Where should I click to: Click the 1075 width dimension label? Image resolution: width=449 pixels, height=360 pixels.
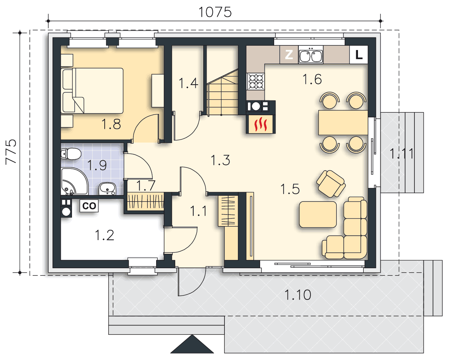(215, 12)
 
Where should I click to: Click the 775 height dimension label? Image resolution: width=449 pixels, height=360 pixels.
(11, 152)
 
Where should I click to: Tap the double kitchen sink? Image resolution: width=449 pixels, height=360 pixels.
(311, 55)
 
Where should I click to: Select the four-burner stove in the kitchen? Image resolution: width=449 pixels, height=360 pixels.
(255, 81)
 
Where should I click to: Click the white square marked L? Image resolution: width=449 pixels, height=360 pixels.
(358, 55)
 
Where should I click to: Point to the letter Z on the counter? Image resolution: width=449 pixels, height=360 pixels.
(289, 54)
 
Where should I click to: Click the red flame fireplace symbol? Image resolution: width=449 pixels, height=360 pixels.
(260, 124)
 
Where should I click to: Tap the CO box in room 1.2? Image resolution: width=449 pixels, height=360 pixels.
(89, 206)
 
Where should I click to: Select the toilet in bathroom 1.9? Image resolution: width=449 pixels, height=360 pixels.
(71, 154)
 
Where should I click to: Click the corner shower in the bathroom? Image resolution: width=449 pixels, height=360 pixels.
(74, 181)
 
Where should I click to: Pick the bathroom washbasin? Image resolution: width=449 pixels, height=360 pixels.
(107, 189)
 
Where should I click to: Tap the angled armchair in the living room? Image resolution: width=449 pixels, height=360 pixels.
(331, 184)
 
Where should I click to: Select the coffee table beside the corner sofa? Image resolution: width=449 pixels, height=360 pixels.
(318, 214)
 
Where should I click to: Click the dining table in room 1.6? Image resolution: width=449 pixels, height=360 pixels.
(343, 122)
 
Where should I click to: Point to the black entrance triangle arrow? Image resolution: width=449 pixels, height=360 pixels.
(192, 344)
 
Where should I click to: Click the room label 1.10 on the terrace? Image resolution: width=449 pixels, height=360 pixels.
(298, 295)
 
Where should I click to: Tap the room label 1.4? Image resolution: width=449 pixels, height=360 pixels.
(189, 83)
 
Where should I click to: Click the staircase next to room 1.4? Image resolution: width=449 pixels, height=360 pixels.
(222, 92)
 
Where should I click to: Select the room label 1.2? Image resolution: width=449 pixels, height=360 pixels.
(105, 235)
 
